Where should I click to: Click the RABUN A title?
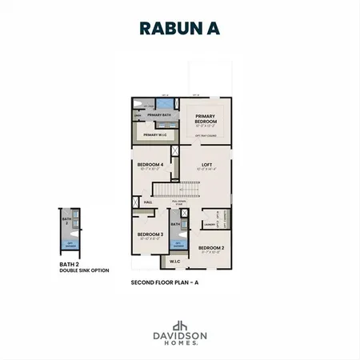[180, 28]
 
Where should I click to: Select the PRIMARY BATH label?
[159, 115]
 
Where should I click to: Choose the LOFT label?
[206, 165]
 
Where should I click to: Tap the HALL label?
[148, 202]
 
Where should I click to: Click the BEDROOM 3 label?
[150, 234]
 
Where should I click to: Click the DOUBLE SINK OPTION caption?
[82, 271]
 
